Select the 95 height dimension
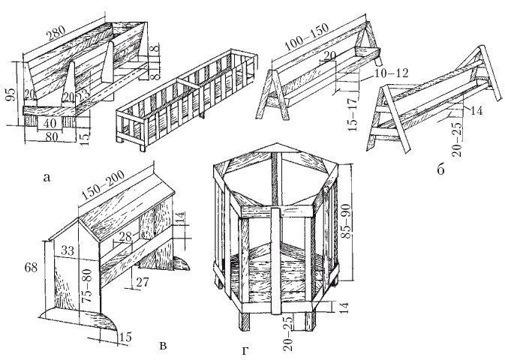tap(11, 94)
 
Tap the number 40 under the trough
tap(50, 123)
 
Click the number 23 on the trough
tap(83, 96)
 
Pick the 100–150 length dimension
tap(306, 37)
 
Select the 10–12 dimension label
tap(391, 73)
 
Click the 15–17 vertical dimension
tap(353, 114)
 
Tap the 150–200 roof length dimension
tap(103, 185)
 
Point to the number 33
tap(67, 250)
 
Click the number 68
tap(31, 267)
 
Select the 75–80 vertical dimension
tap(87, 285)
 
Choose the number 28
tap(125, 237)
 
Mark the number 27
tap(142, 282)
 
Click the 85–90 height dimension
tap(347, 220)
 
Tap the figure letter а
tap(47, 178)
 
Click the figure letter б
tap(440, 169)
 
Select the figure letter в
tap(164, 346)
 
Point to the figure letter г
tap(245, 351)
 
